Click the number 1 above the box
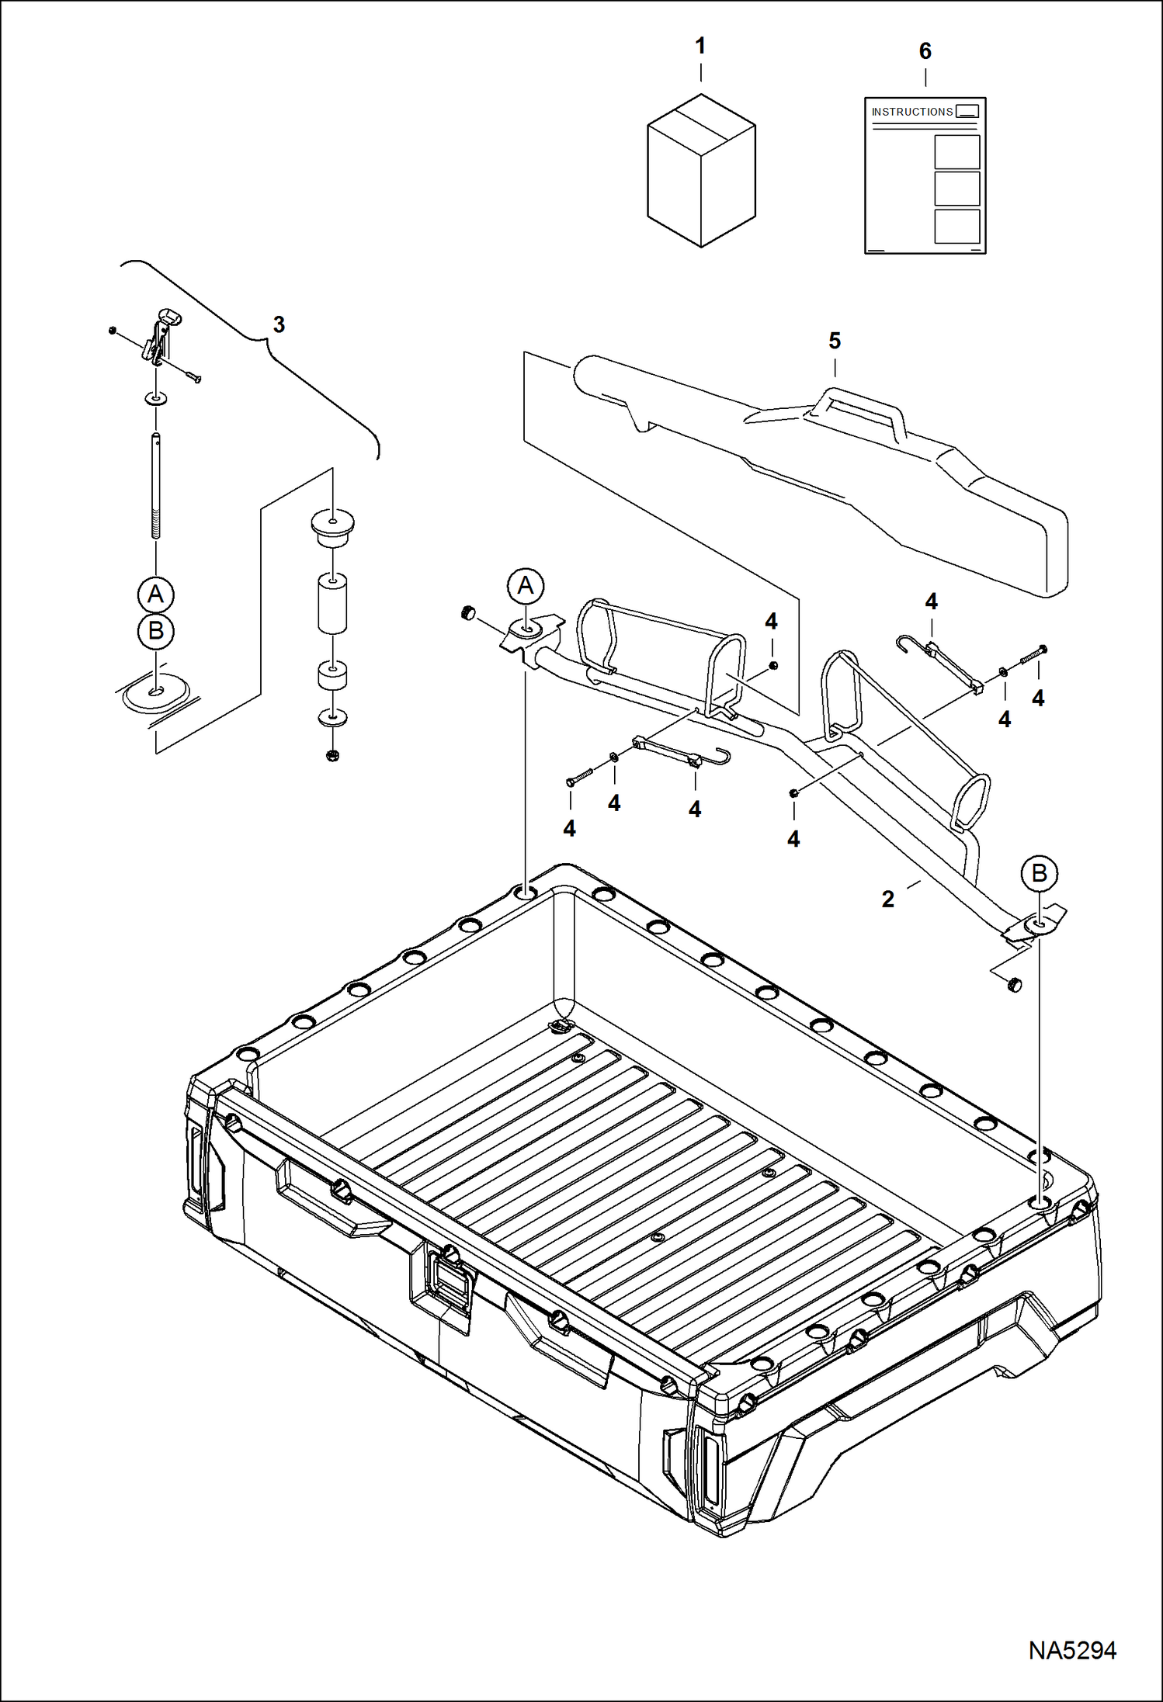point(700,47)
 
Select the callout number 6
point(925,51)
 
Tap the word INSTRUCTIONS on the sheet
point(911,112)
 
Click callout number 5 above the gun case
point(835,341)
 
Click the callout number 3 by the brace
point(279,324)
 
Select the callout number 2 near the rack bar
point(887,900)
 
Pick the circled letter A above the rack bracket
point(526,586)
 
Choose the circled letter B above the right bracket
point(1039,874)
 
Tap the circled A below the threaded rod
point(155,594)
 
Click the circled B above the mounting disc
point(155,631)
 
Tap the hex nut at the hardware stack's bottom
point(333,754)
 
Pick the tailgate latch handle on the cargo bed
point(451,1281)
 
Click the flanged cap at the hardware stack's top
point(332,525)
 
